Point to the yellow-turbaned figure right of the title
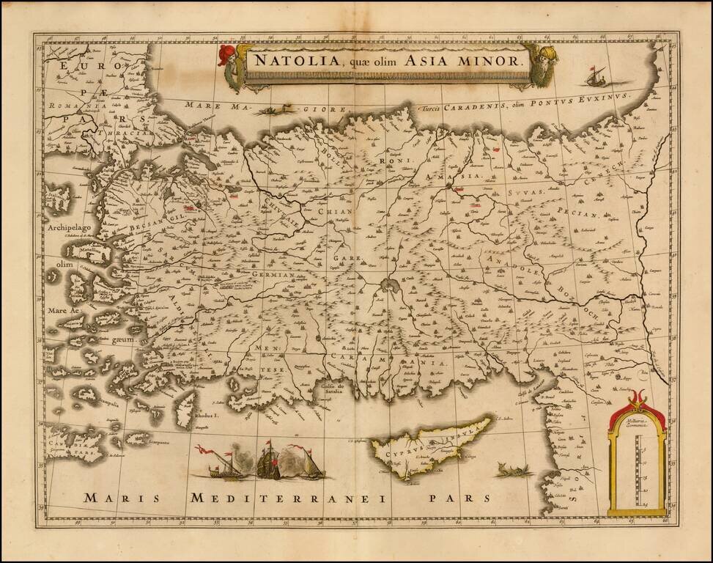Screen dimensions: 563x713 548,62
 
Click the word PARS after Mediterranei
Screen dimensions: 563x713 460,498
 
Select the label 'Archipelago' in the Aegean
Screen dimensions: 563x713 70,229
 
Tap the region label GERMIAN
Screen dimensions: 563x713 272,275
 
